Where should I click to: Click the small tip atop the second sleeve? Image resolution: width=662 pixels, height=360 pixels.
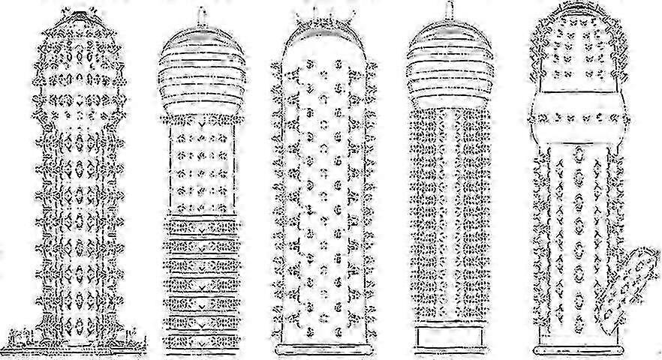tap(202, 15)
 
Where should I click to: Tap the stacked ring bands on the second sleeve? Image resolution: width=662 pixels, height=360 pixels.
tap(202, 285)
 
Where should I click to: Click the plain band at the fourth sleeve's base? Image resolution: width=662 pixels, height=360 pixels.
tap(449, 338)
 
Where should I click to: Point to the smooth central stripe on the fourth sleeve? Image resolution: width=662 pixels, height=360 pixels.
tap(449, 225)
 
